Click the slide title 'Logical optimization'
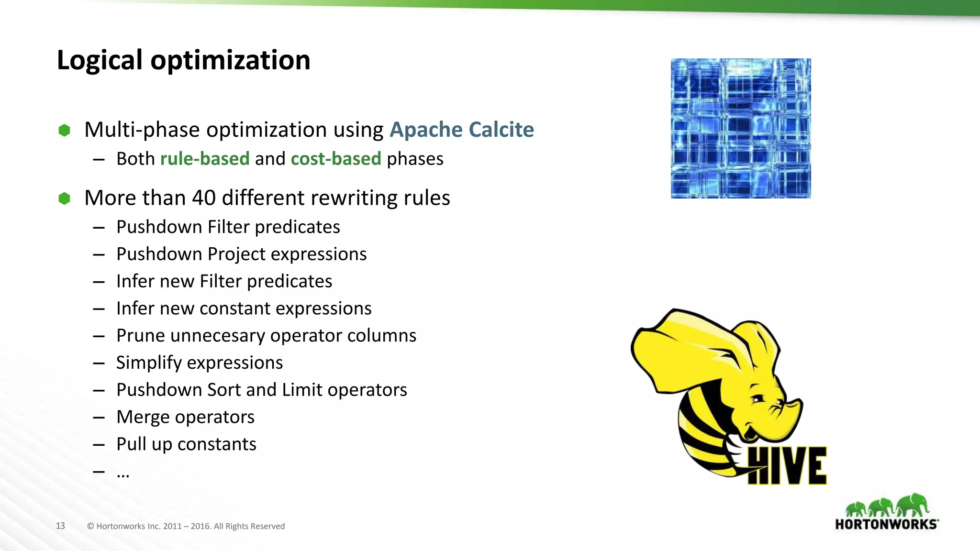183,60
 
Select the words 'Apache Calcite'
461,130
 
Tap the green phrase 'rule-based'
205,159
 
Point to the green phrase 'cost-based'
336,159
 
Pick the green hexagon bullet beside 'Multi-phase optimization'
64,130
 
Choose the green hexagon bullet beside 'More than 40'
64,198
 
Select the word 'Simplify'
149,363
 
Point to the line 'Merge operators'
185,417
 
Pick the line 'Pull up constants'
186,444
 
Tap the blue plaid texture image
740,128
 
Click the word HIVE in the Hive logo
787,466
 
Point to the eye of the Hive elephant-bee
759,398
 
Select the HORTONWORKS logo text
886,524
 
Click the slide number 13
60,526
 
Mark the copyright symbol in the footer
90,527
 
